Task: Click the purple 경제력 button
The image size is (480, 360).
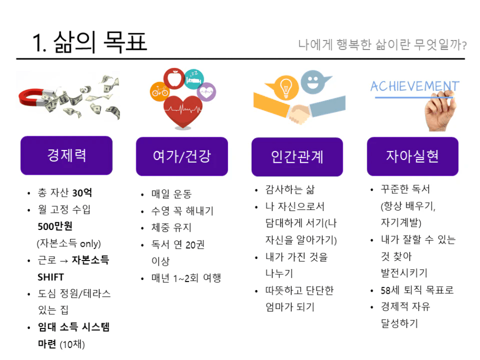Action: coord(66,155)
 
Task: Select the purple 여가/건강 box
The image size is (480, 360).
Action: coord(182,156)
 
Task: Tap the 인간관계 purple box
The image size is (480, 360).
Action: coord(297,157)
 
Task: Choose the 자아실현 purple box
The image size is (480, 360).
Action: coord(413,156)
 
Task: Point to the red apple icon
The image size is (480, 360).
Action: coord(174,78)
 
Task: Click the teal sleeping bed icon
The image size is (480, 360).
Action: coord(194,79)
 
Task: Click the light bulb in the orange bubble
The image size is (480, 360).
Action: coord(286,87)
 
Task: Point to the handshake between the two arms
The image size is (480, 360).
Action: coord(299,114)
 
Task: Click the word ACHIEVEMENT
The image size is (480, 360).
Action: coord(415,86)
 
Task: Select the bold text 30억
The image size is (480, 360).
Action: coord(82,193)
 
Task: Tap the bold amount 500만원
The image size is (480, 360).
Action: coord(55,226)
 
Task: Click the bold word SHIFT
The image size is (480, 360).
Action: coord(51,277)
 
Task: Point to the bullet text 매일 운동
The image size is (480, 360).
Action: coord(172,194)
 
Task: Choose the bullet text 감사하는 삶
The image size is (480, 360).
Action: coord(289,189)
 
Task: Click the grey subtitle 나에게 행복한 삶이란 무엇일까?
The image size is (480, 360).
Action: coord(382,45)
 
